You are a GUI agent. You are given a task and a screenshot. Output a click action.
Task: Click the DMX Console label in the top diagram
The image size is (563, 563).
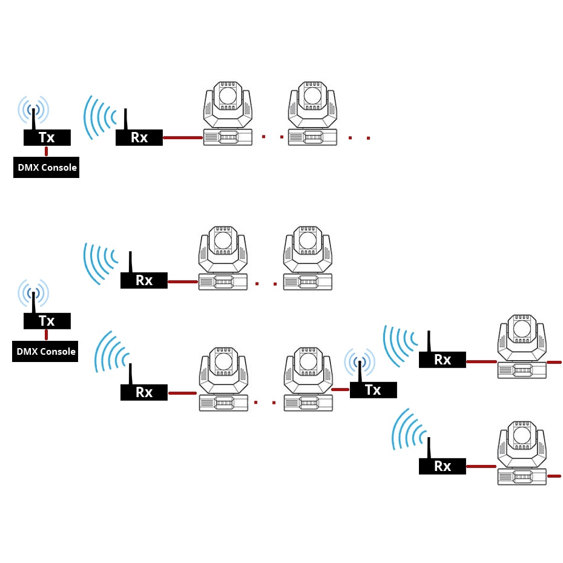click(x=46, y=167)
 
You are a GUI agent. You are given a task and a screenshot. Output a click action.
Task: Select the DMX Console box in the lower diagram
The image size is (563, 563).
click(x=45, y=351)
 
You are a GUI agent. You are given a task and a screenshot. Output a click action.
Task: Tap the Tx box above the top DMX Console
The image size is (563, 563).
click(x=47, y=137)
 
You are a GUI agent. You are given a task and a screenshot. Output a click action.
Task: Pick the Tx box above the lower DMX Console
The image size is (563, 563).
click(x=47, y=321)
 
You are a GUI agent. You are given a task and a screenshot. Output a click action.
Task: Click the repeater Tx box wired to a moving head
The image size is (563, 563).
click(x=373, y=390)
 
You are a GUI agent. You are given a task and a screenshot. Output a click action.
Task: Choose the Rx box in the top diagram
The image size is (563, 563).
click(x=139, y=137)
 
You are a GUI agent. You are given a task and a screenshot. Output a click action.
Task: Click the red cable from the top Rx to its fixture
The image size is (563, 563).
click(x=182, y=137)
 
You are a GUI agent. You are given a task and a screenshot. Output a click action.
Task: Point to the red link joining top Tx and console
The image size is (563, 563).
click(x=47, y=151)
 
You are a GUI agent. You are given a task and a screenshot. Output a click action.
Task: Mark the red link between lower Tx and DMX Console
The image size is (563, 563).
click(x=47, y=334)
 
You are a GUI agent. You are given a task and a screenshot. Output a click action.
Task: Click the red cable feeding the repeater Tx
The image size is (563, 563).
click(x=341, y=389)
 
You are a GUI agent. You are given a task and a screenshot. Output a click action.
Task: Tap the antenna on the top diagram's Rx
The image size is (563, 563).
click(x=125, y=119)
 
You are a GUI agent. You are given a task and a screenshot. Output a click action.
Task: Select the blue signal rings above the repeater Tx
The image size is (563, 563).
click(x=360, y=362)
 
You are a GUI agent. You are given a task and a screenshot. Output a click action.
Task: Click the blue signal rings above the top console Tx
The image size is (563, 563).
click(x=33, y=109)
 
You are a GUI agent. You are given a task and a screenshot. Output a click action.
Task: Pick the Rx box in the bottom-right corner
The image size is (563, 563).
click(x=443, y=466)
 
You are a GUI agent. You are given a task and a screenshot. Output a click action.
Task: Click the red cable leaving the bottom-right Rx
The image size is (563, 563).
click(x=482, y=466)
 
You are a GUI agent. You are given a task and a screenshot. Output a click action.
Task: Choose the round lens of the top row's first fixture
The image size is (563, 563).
click(x=228, y=95)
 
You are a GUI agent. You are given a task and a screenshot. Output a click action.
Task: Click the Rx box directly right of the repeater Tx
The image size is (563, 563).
click(x=443, y=360)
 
